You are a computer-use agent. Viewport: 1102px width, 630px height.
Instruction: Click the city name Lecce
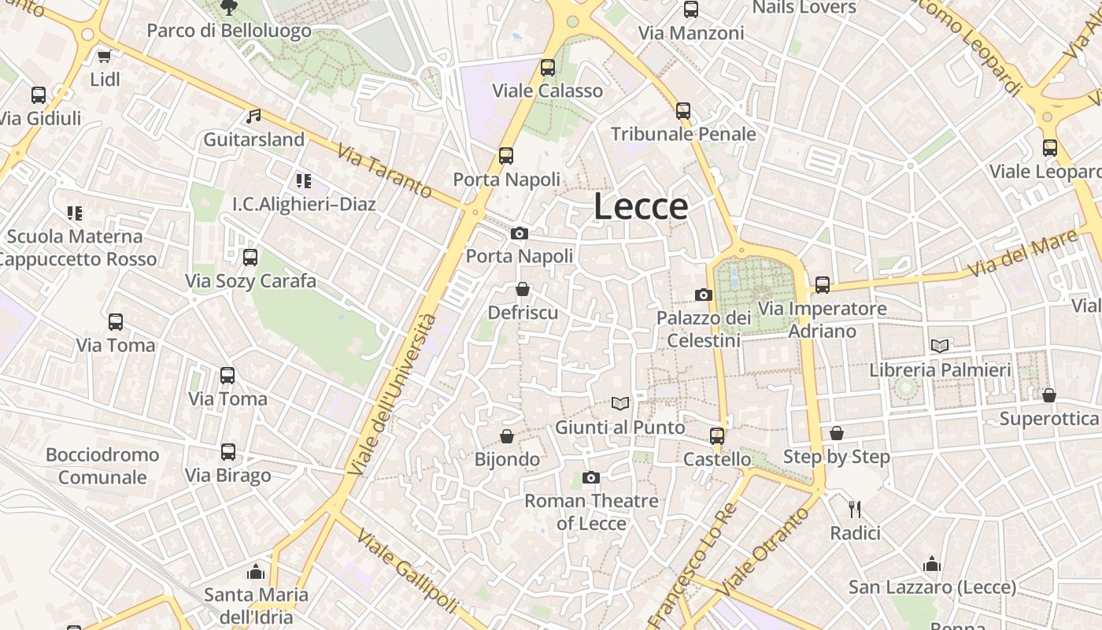[641, 206]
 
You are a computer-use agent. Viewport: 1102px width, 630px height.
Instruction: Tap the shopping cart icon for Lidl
[104, 56]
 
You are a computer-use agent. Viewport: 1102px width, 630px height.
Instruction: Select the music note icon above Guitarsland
[253, 117]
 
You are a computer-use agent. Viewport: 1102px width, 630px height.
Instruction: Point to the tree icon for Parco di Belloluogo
[229, 8]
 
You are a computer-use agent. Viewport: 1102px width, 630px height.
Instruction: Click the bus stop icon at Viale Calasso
[548, 68]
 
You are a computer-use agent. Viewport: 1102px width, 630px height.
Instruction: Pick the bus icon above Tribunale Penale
[683, 111]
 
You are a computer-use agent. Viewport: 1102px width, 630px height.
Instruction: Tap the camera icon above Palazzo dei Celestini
[704, 295]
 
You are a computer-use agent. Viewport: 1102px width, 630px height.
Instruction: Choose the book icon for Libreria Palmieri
[940, 346]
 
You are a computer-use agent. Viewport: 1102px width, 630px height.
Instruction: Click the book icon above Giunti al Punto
[620, 404]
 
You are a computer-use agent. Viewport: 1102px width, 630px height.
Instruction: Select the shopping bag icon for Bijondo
[508, 436]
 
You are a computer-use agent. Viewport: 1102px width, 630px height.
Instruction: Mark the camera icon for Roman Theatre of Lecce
[591, 477]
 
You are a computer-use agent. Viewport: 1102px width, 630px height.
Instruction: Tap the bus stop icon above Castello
[717, 435]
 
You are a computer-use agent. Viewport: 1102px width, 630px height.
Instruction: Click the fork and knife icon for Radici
[856, 510]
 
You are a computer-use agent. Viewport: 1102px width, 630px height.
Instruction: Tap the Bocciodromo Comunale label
[102, 465]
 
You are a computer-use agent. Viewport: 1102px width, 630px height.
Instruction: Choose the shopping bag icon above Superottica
[1048, 395]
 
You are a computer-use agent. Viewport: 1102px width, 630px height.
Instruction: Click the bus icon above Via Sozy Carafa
[250, 257]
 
